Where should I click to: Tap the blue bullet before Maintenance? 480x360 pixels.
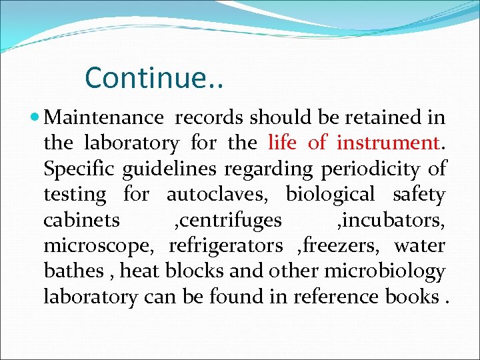point(35,118)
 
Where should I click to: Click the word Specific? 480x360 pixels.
point(79,169)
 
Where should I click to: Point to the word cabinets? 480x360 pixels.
point(81,220)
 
